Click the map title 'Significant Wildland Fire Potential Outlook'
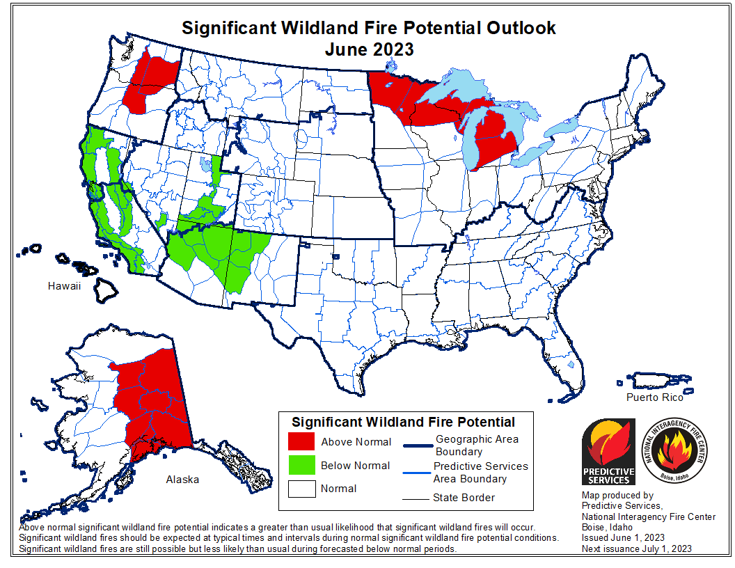click(x=368, y=28)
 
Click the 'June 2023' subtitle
click(x=369, y=49)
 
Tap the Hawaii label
click(x=65, y=286)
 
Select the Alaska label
click(x=182, y=479)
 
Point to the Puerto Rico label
click(x=654, y=397)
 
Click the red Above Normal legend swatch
click(x=301, y=442)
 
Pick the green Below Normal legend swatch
click(x=301, y=466)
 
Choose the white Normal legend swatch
click(x=301, y=489)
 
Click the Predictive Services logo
click(x=608, y=452)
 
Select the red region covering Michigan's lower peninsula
click(x=494, y=136)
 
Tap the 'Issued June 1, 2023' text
click(x=623, y=537)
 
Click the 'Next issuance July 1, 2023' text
click(x=637, y=549)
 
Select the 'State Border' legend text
click(x=463, y=497)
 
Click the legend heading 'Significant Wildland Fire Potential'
click(x=403, y=422)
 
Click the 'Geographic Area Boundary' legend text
click(x=477, y=445)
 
